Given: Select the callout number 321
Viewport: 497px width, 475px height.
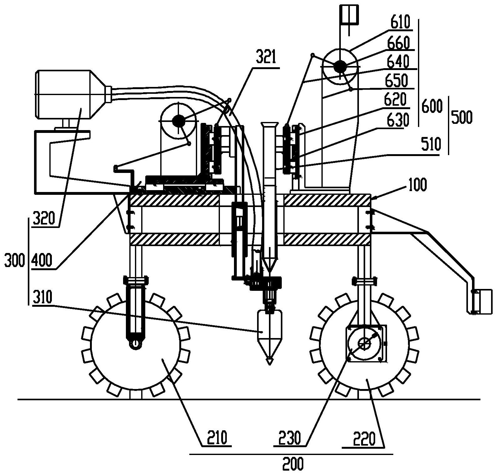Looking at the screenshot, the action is point(266,58).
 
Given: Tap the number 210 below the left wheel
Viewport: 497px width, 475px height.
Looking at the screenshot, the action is point(217,438).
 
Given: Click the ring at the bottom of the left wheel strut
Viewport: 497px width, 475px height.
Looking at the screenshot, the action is point(135,344).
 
